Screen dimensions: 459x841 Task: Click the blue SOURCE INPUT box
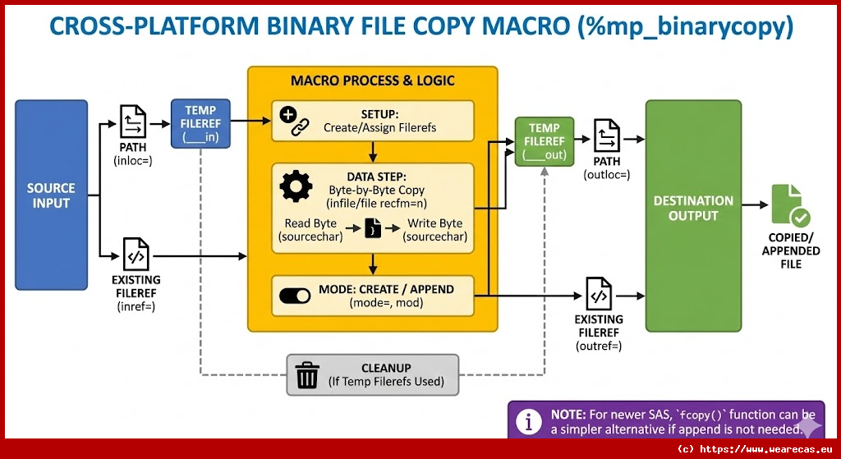pos(51,195)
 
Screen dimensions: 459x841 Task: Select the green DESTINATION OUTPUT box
pos(692,215)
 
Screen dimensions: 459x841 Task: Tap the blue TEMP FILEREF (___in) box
pos(200,123)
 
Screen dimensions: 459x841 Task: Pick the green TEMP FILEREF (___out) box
pos(544,141)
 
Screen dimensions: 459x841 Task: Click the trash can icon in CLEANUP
pos(307,375)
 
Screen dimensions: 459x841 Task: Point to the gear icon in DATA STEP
pos(296,187)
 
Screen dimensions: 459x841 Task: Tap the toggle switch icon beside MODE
pos(295,296)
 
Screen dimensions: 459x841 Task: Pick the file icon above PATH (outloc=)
pos(607,135)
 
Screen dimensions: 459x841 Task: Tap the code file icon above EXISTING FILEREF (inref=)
pos(136,255)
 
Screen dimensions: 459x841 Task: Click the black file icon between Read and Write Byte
pos(374,229)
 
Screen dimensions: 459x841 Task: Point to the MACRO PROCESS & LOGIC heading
pos(373,80)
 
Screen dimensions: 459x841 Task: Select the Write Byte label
pos(434,223)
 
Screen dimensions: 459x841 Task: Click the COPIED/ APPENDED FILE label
pos(791,250)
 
